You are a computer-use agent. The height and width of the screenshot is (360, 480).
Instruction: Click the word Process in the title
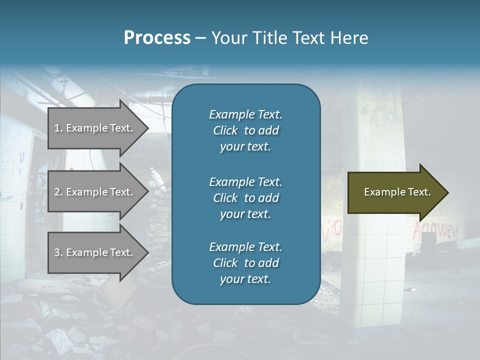pyautogui.click(x=157, y=38)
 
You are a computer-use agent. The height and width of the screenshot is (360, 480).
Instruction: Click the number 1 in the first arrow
pyautogui.click(x=56, y=128)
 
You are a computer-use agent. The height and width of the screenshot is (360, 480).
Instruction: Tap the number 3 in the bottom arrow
pyautogui.click(x=57, y=252)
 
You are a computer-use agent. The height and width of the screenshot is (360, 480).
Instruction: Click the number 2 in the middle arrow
pyautogui.click(x=57, y=192)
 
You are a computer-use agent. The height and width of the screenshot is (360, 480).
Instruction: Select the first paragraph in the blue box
pyautogui.click(x=245, y=130)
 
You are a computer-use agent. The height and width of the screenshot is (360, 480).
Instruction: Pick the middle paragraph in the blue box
pyautogui.click(x=245, y=198)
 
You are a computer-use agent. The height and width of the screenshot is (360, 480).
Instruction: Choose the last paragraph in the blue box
pyautogui.click(x=245, y=263)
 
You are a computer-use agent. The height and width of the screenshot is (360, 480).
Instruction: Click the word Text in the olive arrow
pyautogui.click(x=419, y=192)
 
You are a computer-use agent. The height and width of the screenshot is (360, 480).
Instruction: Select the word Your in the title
pyautogui.click(x=228, y=38)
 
